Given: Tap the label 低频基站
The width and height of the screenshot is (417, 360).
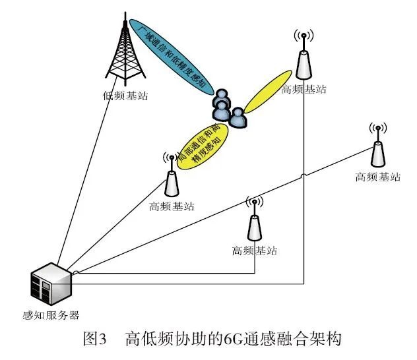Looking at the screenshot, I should (126, 96).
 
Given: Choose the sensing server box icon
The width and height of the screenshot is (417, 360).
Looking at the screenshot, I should (51, 280).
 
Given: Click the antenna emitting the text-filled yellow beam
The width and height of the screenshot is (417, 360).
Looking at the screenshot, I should (172, 179).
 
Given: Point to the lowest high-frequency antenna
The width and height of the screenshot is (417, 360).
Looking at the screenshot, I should (253, 224).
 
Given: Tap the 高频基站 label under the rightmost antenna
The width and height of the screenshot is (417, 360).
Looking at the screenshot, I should (378, 177).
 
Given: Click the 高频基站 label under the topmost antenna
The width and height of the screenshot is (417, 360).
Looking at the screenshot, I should (304, 88).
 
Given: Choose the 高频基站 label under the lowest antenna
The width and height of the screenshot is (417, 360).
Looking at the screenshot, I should (255, 251).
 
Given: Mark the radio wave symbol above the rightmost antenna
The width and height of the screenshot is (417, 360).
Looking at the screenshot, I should (377, 128).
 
